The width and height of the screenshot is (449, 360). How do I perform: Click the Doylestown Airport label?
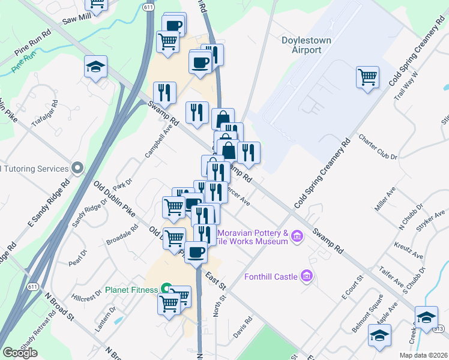(301, 45)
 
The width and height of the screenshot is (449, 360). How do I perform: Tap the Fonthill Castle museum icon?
(307, 277)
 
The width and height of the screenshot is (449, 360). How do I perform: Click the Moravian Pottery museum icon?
(297, 237)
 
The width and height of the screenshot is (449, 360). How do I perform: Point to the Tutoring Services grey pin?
(76, 168)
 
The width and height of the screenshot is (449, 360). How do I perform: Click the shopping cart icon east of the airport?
(367, 76)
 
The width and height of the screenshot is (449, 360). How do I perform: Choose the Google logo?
(20, 353)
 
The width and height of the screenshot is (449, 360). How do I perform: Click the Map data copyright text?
(423, 355)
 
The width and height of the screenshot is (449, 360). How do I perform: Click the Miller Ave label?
(385, 199)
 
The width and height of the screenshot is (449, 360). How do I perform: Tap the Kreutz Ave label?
(409, 250)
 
